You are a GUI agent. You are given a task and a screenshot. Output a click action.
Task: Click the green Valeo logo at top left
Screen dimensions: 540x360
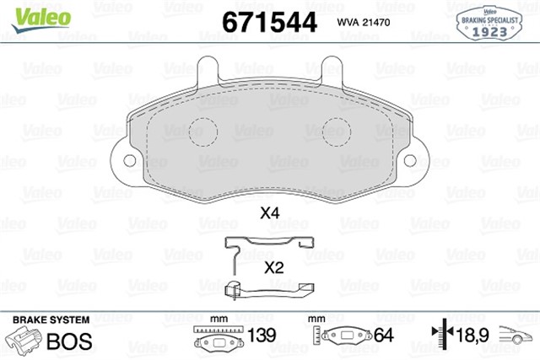tap(41, 19)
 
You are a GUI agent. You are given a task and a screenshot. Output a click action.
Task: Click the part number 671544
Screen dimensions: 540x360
tap(269, 23)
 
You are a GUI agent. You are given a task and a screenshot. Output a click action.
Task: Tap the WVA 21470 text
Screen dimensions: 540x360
tap(364, 23)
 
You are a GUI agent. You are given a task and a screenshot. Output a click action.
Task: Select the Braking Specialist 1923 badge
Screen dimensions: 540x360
tap(489, 23)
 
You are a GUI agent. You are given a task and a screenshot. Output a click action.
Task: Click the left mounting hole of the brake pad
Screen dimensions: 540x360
tap(129, 160)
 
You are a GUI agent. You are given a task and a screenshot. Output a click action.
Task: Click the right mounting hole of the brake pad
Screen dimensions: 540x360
tap(410, 160)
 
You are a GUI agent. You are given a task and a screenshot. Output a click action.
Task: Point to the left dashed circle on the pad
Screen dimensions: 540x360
tap(203, 132)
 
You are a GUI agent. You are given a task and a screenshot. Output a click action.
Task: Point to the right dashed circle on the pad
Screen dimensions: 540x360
tap(337, 132)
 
